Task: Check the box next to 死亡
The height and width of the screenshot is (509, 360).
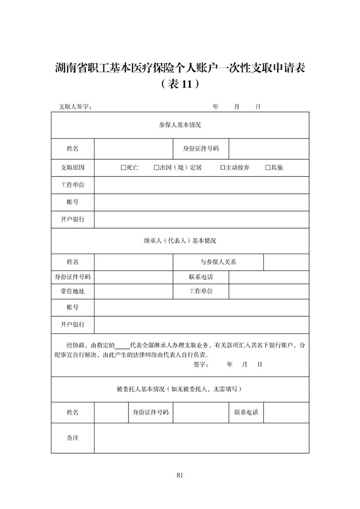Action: (x=123, y=167)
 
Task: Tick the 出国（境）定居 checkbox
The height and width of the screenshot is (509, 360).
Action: (x=156, y=167)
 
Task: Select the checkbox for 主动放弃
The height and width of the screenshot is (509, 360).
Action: (x=222, y=167)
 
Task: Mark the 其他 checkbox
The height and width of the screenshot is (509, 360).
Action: (x=267, y=167)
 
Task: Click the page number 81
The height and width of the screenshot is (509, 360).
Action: (x=180, y=475)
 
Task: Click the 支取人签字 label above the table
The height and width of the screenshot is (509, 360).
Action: (x=75, y=107)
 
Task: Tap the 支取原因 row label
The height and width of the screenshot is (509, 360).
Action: (x=73, y=167)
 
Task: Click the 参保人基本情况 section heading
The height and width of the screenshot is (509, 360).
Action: (x=180, y=125)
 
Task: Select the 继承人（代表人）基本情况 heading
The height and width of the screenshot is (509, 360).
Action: (x=180, y=241)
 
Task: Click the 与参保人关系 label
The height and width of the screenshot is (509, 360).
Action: (x=218, y=262)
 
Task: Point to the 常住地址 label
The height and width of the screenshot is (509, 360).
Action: (x=73, y=291)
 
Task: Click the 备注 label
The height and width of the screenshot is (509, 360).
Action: (x=73, y=438)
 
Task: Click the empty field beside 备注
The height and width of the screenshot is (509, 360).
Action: (x=202, y=438)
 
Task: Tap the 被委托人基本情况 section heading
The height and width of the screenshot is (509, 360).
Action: (x=180, y=389)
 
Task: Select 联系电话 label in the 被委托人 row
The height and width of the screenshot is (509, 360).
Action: (x=246, y=412)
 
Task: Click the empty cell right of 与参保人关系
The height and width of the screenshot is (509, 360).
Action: (x=286, y=262)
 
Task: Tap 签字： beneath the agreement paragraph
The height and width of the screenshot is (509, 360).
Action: (x=201, y=364)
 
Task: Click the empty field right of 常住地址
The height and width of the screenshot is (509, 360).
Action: (x=133, y=291)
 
